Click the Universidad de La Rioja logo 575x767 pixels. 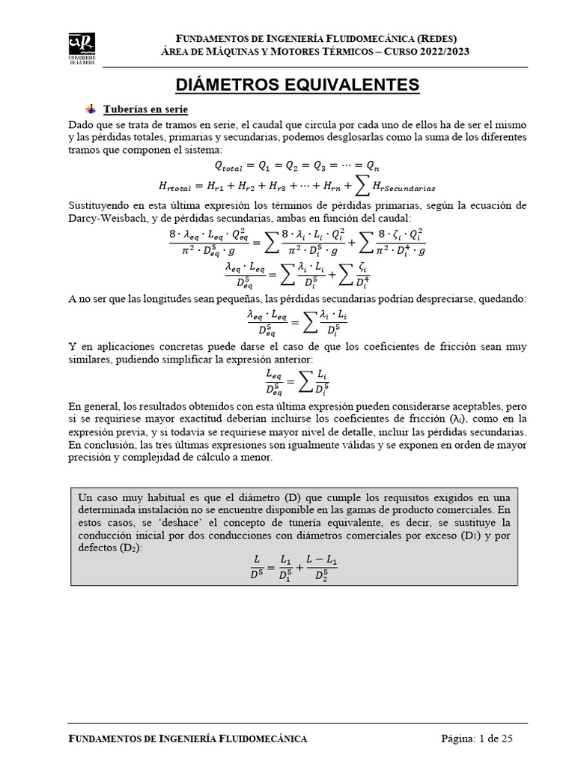82,47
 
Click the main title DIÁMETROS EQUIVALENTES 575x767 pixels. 297,85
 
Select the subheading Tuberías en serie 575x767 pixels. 140,109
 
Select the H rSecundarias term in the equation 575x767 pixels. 404,187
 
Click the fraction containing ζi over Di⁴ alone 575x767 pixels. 362,277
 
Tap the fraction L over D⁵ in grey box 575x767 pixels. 258,566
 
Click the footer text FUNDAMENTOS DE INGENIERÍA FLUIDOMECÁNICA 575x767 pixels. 188,739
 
